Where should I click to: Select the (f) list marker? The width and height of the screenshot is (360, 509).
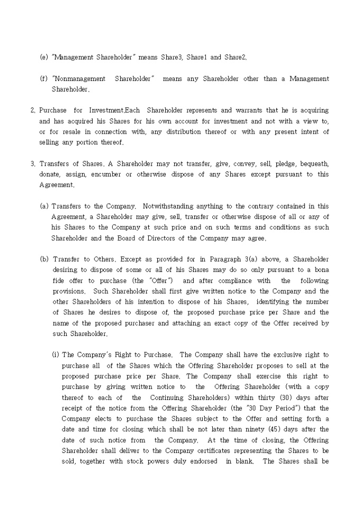pos(44,79)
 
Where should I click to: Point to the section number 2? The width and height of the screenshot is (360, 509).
pos(33,110)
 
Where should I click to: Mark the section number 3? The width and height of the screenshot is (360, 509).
pos(33,163)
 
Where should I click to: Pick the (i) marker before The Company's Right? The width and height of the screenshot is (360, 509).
pos(55,355)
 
